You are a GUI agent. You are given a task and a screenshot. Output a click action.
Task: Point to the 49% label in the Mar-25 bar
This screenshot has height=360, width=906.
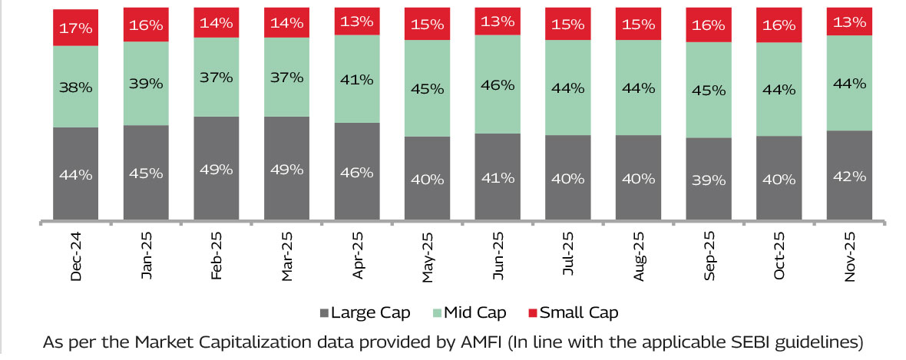[287, 170]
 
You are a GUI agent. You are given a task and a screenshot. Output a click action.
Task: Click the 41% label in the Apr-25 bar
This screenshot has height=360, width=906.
[357, 78]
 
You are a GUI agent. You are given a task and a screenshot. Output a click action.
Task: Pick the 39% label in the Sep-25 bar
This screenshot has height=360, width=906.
[709, 180]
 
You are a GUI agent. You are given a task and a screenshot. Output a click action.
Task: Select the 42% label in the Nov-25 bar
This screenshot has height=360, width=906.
[850, 175]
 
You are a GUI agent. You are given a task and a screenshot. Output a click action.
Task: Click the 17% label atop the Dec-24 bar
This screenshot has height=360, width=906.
[76, 28]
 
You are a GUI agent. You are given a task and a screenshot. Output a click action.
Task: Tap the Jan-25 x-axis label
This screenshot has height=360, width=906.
[147, 257]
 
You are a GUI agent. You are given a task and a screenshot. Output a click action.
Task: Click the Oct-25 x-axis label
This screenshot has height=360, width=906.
[779, 257]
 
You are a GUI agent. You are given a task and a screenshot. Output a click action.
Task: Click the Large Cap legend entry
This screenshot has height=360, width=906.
[365, 312]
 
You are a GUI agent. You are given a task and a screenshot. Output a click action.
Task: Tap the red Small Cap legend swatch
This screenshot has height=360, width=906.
[532, 313]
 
